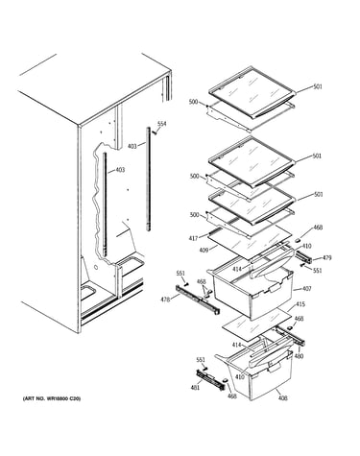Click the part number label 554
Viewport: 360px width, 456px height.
[x=162, y=124]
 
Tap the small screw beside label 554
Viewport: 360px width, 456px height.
[x=155, y=132]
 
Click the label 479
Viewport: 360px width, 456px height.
[x=326, y=257]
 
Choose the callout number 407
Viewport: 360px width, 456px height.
[x=306, y=289]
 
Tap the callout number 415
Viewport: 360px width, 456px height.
[x=300, y=303]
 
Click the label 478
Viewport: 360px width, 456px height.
[x=165, y=300]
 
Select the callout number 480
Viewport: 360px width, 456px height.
[x=299, y=356]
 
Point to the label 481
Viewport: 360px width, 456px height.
[x=195, y=388]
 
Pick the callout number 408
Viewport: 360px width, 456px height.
[x=283, y=397]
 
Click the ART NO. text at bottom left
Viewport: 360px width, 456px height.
[x=52, y=398]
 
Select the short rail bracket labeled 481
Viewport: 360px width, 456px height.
[x=210, y=379]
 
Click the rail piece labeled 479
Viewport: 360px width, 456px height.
[x=303, y=257]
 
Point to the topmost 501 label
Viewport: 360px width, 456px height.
[x=318, y=86]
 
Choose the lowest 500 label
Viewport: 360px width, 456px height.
[x=194, y=215]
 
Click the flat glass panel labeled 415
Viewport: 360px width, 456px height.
[x=257, y=324]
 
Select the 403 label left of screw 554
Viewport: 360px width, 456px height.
[x=132, y=146]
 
